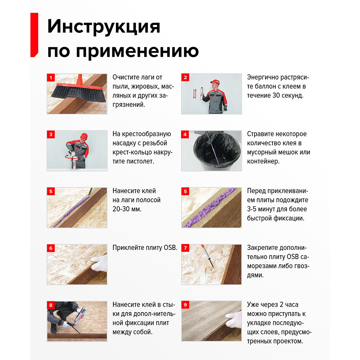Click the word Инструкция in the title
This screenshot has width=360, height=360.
tap(104, 27)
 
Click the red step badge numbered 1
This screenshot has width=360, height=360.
tap(51, 77)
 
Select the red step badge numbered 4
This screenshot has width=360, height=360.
tap(185, 134)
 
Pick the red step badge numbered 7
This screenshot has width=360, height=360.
tap(185, 248)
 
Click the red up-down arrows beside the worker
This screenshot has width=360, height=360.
tap(195, 93)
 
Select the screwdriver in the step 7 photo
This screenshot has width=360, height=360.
tap(209, 257)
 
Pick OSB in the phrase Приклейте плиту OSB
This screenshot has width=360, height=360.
tap(170, 248)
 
